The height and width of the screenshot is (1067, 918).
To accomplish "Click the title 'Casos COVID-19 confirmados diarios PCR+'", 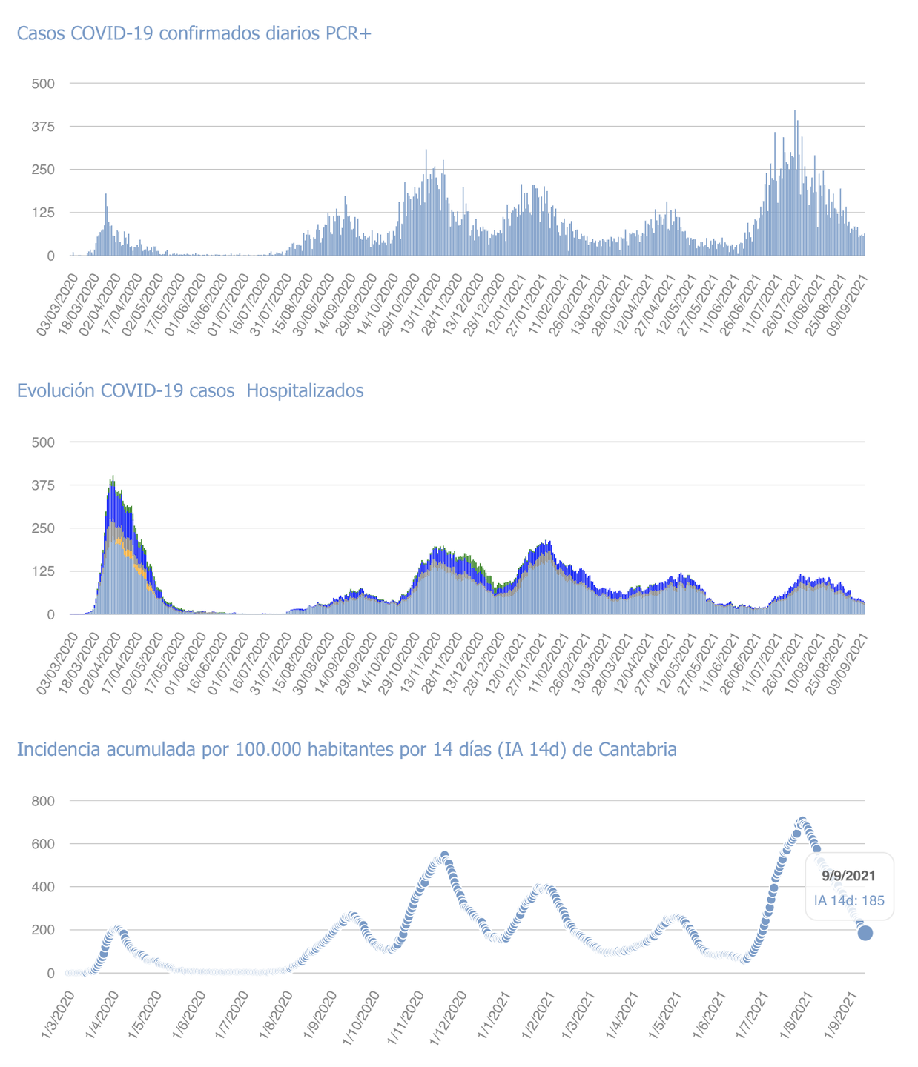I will [x=194, y=33].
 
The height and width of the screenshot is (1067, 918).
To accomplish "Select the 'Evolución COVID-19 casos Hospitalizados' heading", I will [x=190, y=390].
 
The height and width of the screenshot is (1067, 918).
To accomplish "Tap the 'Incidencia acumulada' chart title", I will [x=346, y=749].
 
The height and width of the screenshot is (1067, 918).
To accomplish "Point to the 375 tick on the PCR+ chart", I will [x=42, y=127].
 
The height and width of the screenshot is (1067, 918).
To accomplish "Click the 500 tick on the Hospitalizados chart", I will [x=42, y=442].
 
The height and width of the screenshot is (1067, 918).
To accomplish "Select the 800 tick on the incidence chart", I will [x=43, y=801].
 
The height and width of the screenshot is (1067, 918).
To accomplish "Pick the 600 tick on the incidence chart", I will [x=43, y=844].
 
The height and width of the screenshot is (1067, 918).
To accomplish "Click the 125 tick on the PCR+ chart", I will [x=42, y=213].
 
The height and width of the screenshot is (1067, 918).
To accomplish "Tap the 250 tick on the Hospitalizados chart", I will [x=42, y=528].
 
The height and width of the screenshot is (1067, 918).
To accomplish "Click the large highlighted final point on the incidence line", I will [x=865, y=933].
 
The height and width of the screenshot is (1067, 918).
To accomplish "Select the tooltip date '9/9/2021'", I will [x=849, y=875].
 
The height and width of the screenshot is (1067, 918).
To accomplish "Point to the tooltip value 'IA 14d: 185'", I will [x=849, y=901].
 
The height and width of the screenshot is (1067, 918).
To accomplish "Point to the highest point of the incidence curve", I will [x=802, y=822].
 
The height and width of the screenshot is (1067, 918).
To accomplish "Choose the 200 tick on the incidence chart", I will [x=43, y=930].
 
